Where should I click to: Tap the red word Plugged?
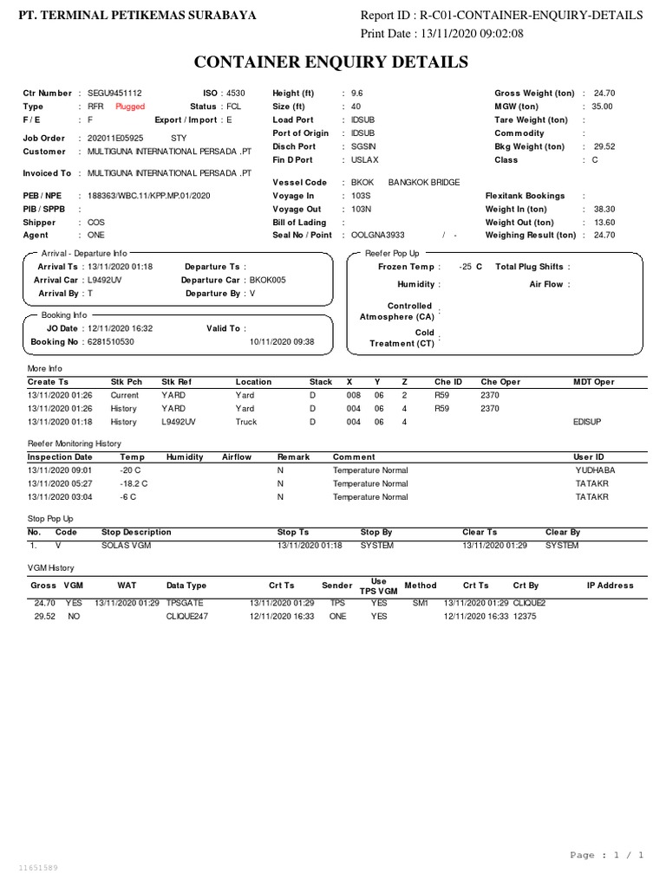[x=130, y=107]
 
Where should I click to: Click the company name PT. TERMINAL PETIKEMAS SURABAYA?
[x=137, y=16]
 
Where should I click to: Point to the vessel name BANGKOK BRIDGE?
[x=423, y=183]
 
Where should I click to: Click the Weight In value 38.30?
[x=604, y=209]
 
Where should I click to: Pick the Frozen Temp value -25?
[x=466, y=267]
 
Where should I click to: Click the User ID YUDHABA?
[x=594, y=469]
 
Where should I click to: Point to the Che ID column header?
[x=448, y=381]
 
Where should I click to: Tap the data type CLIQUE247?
[x=188, y=615]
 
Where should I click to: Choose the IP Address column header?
[x=610, y=586]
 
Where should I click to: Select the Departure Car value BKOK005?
[x=267, y=280]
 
